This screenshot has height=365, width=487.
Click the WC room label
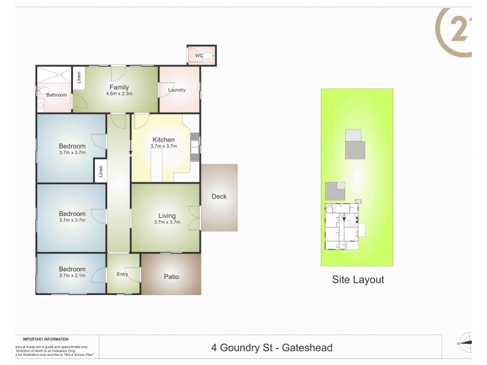tap(198, 56)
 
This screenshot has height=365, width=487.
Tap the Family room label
tap(119, 87)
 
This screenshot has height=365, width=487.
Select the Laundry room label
tap(177, 90)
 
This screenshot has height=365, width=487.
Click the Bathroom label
tap(57, 95)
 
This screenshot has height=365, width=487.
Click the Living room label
tap(167, 215)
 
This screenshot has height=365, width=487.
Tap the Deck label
tap(219, 196)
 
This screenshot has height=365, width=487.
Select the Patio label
tap(171, 277)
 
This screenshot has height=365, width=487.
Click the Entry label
tap(122, 274)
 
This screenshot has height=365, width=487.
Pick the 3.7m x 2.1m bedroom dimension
tap(72, 276)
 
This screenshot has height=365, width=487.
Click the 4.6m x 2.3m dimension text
tap(119, 94)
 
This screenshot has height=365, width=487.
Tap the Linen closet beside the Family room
tap(78, 78)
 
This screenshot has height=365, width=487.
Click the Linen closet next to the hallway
tap(100, 172)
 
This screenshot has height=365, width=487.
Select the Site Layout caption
tap(357, 280)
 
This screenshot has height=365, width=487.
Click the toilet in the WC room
tap(208, 55)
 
